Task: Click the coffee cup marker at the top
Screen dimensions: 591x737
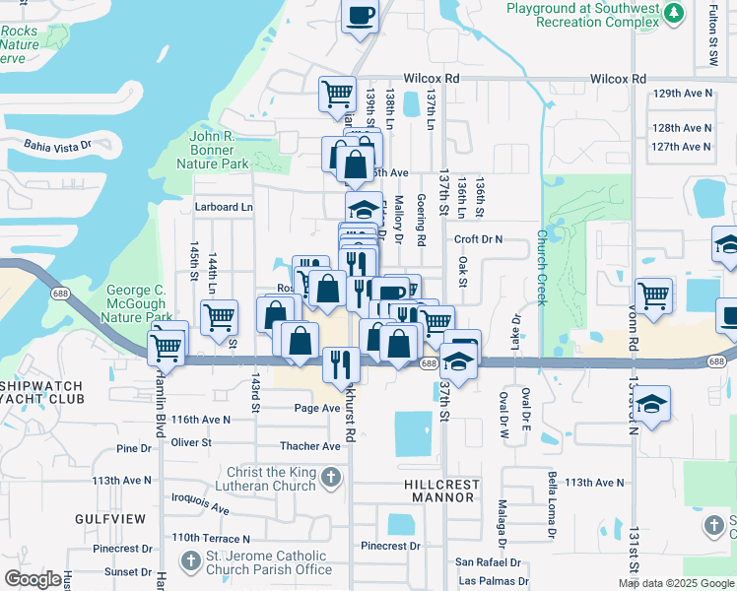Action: click(x=360, y=17)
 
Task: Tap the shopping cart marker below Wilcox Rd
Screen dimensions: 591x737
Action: click(x=337, y=95)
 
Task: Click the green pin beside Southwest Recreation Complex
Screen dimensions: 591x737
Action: click(x=673, y=13)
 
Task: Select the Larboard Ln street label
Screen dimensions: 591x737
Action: click(x=223, y=207)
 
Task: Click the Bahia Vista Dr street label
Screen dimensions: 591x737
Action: click(x=58, y=144)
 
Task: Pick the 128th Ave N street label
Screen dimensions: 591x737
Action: click(x=681, y=128)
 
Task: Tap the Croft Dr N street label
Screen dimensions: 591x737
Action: click(x=478, y=238)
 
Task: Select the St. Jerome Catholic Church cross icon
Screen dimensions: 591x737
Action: click(x=192, y=561)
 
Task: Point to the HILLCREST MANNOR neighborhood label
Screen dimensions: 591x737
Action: click(x=441, y=491)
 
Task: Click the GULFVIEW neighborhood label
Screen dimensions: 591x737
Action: click(x=109, y=518)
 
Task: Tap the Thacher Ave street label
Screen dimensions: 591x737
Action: click(x=310, y=446)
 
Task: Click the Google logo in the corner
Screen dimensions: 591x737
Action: click(x=33, y=579)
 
